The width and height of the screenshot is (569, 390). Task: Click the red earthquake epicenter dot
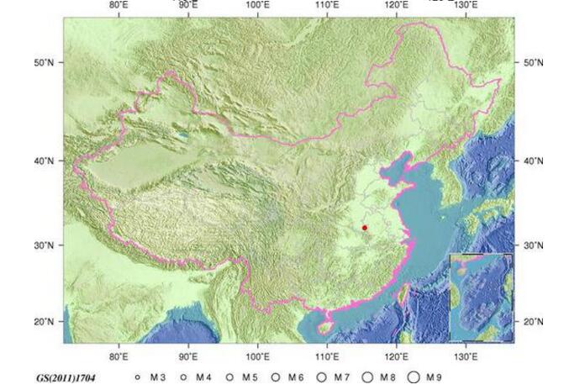point(365,228)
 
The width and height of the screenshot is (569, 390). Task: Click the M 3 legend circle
point(137,377)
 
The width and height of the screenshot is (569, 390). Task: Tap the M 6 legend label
point(295,377)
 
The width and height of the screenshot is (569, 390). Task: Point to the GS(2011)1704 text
point(66,378)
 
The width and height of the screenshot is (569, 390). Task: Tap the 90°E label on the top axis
point(188,4)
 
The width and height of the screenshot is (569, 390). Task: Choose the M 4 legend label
point(203,377)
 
